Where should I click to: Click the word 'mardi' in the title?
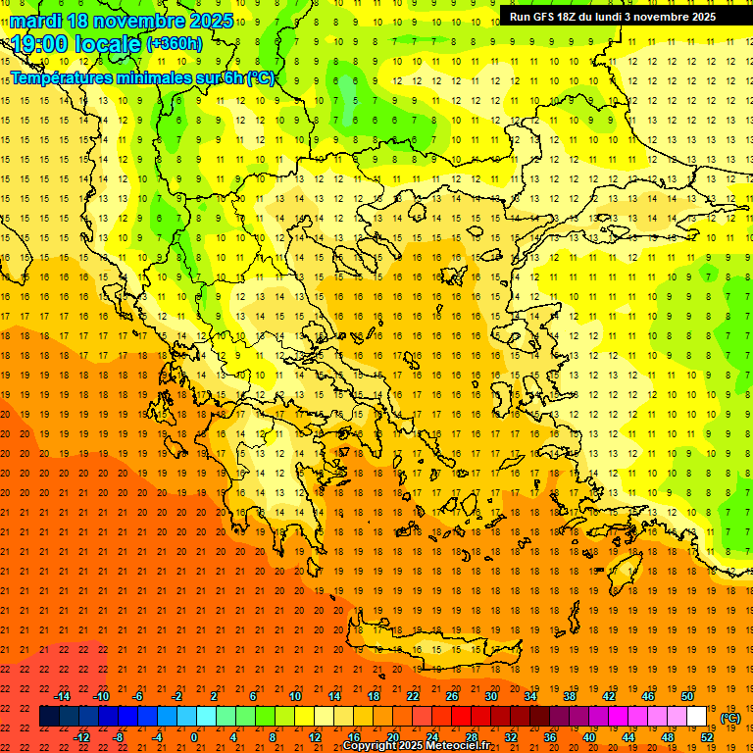[36, 21]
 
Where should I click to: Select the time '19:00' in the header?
[45, 44]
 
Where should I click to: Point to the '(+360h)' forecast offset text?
[174, 43]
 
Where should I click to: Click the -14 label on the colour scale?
[63, 696]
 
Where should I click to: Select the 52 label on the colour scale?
[707, 736]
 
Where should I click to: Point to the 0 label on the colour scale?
[194, 736]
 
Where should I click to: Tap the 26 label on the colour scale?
[451, 696]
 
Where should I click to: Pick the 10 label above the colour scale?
[295, 696]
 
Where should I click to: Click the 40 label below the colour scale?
[589, 736]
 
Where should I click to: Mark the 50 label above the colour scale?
[686, 696]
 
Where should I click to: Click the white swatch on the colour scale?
[697, 717]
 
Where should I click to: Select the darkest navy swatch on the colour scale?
[49, 717]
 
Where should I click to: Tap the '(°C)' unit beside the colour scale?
[729, 717]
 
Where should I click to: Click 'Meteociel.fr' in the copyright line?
[457, 746]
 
